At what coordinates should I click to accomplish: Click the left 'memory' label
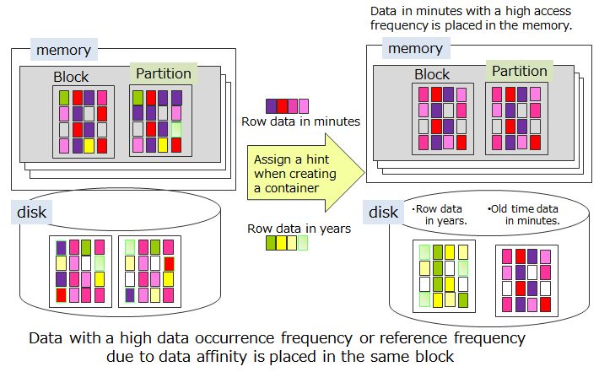(63, 50)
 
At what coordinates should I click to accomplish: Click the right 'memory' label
(415, 48)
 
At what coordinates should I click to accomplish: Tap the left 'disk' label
(33, 212)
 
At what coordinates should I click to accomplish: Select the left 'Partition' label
(163, 73)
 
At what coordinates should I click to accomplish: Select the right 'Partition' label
(519, 71)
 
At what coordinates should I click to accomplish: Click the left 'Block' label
(71, 78)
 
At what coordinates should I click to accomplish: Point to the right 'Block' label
(432, 74)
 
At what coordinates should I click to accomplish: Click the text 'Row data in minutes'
(300, 121)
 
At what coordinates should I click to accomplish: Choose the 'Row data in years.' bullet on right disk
(443, 214)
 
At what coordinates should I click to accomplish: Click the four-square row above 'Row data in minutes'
(287, 105)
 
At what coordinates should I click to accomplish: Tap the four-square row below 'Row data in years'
(287, 244)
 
